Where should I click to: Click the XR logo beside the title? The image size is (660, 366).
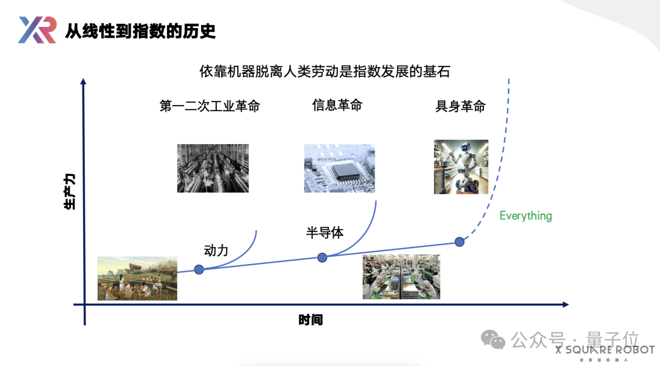(x=37, y=30)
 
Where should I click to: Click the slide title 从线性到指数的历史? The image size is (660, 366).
(x=140, y=31)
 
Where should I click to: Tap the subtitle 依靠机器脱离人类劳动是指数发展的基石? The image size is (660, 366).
(x=324, y=71)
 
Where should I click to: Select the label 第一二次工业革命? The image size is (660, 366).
(x=210, y=106)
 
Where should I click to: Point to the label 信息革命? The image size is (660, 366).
(x=337, y=105)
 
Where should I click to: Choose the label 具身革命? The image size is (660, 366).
(x=460, y=106)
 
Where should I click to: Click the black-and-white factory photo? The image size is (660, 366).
(x=213, y=168)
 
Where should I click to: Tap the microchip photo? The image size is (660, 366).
(x=339, y=168)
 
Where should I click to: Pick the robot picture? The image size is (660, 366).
(x=461, y=167)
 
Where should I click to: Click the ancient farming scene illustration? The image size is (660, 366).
(x=137, y=278)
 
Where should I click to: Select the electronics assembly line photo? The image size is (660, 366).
(x=401, y=277)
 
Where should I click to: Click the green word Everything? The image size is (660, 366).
(x=526, y=216)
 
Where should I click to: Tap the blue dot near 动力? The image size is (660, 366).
(x=199, y=269)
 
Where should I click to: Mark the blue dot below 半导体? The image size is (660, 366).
(x=322, y=257)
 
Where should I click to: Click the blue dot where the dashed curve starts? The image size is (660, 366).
(x=460, y=241)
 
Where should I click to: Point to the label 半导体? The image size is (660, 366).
(x=324, y=233)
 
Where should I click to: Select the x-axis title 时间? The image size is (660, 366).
(x=310, y=320)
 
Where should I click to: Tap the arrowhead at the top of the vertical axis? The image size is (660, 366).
(x=84, y=81)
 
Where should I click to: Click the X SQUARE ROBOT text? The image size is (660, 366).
(x=605, y=350)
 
